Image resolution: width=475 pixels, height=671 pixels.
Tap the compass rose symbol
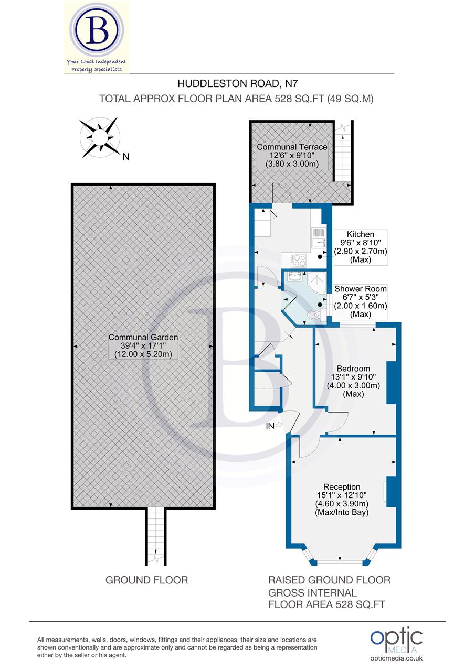(x=99, y=136)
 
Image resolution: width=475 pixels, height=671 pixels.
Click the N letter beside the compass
(x=125, y=157)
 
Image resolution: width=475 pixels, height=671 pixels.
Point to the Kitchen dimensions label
(x=361, y=247)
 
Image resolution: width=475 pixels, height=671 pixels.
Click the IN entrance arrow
(x=273, y=426)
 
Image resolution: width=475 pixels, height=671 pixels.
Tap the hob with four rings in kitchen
(x=297, y=260)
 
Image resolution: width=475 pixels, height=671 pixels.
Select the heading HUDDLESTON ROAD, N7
(x=234, y=83)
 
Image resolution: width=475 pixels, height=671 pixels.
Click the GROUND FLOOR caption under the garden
(x=147, y=580)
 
